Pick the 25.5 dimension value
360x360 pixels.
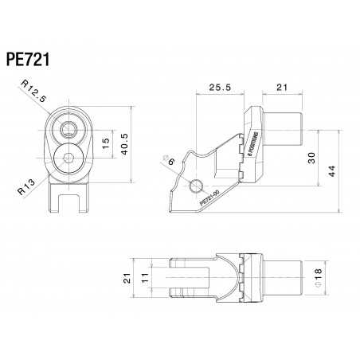tap(218, 87)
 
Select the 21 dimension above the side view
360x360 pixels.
tap(283, 87)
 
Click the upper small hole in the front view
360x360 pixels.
tap(70, 128)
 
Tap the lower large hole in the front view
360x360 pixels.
tap(70, 158)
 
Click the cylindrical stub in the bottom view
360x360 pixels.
tap(284, 277)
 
